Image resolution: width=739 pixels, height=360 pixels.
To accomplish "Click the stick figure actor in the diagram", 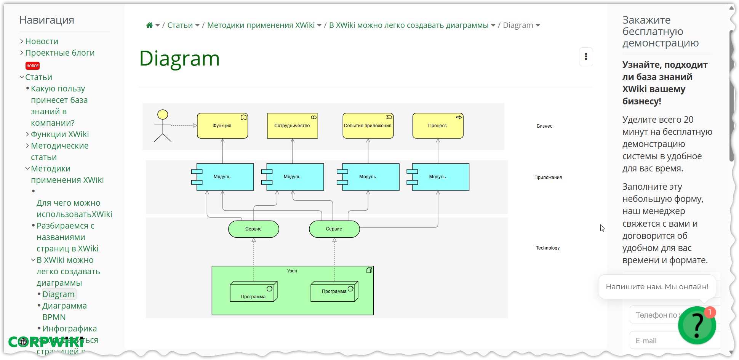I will pos(163,126).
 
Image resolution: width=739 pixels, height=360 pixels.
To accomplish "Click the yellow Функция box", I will pos(222,126).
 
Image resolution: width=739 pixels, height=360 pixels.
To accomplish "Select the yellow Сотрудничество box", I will pos(292,126).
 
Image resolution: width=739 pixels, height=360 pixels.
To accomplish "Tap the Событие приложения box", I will pos(368,126).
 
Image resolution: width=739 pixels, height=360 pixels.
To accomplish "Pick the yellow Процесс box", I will pos(438,126).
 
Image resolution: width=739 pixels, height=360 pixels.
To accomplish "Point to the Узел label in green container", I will pos(292,271).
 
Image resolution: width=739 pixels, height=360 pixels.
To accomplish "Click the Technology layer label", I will pos(547,248).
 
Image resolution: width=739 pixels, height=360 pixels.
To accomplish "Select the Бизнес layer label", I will pos(544,126).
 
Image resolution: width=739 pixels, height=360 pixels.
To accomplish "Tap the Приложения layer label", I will pos(548,178).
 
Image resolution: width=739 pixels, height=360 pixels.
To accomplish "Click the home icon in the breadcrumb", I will pos(149,25).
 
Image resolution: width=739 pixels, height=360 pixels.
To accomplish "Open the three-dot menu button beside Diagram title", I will pos(585,57).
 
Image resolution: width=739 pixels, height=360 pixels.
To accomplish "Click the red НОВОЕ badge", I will pos(33,66).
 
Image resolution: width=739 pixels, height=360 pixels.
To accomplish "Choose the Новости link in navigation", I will pos(42,41).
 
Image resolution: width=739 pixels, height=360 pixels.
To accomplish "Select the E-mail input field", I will pos(655,341).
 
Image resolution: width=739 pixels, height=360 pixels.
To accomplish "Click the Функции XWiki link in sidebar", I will pos(60,134).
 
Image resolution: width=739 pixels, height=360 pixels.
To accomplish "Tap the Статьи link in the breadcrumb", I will pos(180,25).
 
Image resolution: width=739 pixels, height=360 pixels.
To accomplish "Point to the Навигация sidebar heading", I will pos(46,20).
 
